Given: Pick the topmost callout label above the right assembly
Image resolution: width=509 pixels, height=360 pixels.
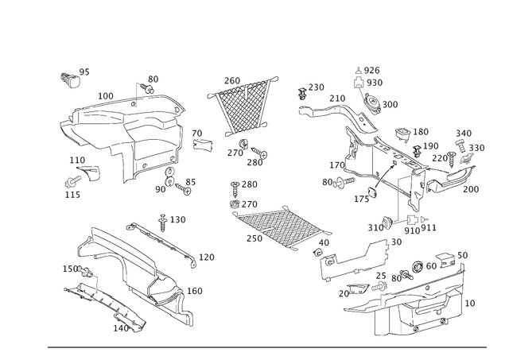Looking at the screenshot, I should pos(371,70).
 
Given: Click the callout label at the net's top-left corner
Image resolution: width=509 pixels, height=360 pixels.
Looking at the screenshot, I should pos(231,79).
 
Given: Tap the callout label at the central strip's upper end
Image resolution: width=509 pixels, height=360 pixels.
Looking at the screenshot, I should pos(249,184).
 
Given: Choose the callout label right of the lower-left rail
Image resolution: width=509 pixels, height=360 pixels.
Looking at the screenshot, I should pos(208,256).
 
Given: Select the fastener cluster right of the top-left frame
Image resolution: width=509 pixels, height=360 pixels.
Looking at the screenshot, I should pos(202,140).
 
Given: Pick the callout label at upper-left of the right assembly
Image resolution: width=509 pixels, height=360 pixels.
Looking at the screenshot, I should pos(316,86).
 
